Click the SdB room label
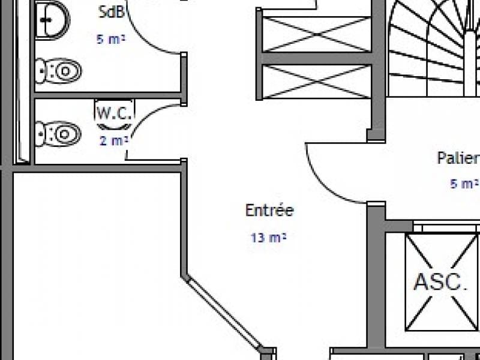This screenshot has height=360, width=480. [x=112, y=12]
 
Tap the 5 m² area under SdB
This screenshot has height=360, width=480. [x=111, y=39]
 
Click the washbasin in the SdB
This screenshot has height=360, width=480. [x=53, y=20]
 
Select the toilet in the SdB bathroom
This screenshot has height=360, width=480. [x=58, y=71]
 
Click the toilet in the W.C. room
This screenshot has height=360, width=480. [x=58, y=134]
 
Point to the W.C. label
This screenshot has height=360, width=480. [x=115, y=113]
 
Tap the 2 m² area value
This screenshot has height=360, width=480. [x=113, y=141]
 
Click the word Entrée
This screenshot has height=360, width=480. [x=269, y=210]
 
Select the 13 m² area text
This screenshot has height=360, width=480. [x=268, y=238]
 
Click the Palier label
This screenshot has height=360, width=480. [x=458, y=158]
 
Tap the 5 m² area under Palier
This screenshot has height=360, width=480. [x=464, y=184]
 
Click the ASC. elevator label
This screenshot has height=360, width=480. [x=440, y=281]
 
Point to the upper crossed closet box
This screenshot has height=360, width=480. [x=317, y=34]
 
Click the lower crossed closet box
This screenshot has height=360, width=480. [x=317, y=82]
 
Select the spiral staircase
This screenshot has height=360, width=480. [x=433, y=49]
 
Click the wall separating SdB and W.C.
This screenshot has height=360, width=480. [x=108, y=95]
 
